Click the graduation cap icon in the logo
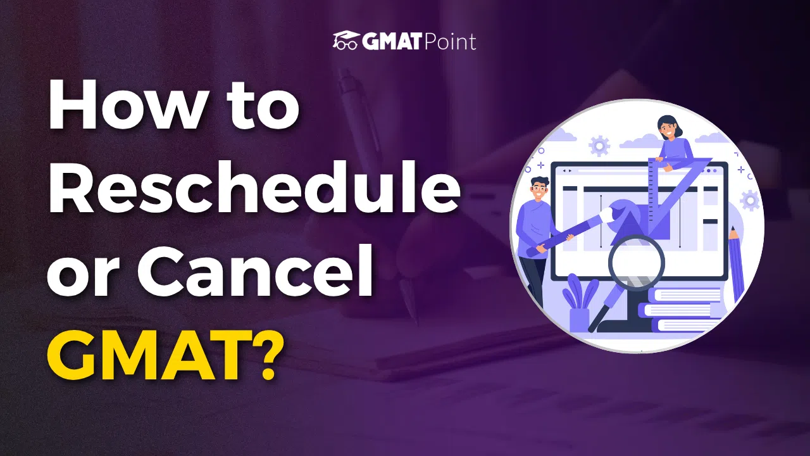pos(346,41)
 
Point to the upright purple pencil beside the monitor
pos(736,266)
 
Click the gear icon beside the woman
pos(598,146)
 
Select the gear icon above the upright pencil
pos(750,201)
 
